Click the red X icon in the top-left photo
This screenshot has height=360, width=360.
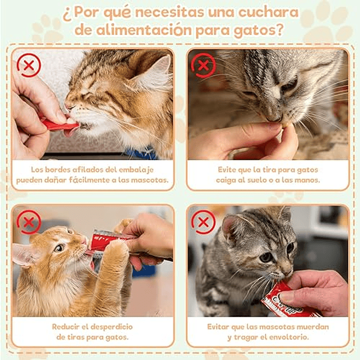coord(29,65)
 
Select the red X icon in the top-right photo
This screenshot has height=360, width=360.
coord(203,65)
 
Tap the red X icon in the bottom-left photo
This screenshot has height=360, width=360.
coord(29,222)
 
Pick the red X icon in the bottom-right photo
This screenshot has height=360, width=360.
coord(203,222)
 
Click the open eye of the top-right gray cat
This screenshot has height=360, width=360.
coord(289,85)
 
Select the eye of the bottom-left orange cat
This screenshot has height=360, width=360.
coord(60,248)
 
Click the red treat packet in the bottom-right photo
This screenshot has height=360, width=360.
coord(288,300)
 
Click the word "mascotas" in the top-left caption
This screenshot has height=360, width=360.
coord(151,180)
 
